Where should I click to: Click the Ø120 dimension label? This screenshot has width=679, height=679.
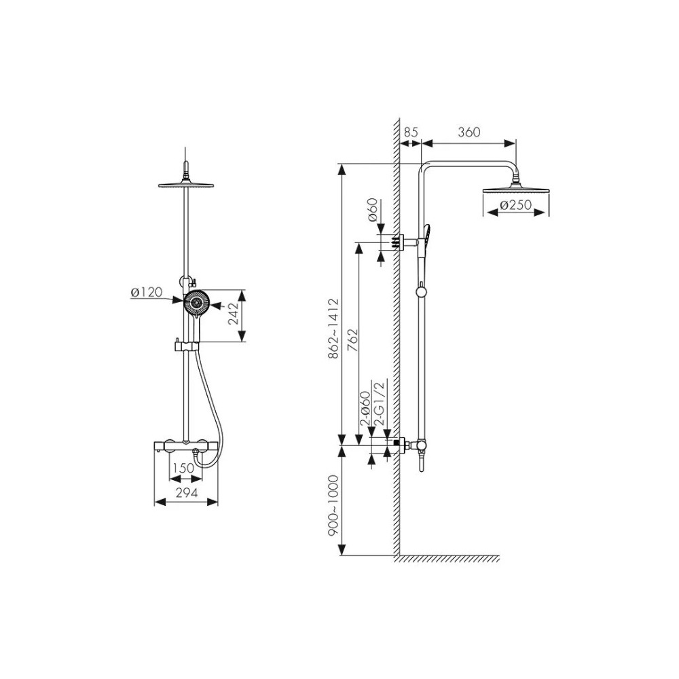coord(147,293)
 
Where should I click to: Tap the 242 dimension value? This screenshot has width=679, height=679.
coord(234,314)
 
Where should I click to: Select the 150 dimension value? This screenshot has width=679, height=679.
coord(183,468)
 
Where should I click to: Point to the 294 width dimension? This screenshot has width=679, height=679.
coord(187,492)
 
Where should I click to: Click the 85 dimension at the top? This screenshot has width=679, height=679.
coord(411,132)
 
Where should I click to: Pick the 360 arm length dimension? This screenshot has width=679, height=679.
coord(469,132)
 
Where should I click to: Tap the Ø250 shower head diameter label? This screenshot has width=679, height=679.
coord(515,205)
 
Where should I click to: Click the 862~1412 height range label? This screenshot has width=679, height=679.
coord(333,329)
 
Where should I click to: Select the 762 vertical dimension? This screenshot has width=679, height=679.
coord(353,341)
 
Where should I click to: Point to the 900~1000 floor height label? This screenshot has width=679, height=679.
coord(333,506)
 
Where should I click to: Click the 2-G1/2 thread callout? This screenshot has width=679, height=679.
coord(380,403)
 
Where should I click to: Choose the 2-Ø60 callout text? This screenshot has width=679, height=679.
coord(365,408)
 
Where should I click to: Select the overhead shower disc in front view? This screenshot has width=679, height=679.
coord(186,186)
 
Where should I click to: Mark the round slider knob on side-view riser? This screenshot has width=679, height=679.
coord(421,292)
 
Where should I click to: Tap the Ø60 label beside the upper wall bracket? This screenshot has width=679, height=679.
coord(373,210)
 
